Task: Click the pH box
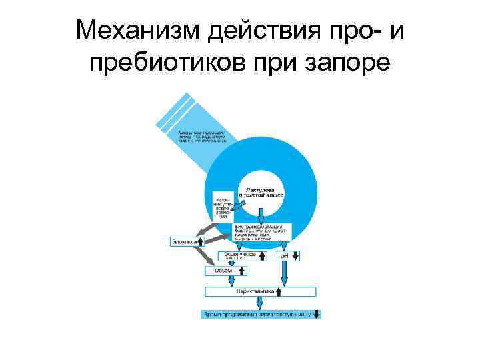[288, 255]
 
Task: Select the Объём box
[225, 271]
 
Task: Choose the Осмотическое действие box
[239, 255]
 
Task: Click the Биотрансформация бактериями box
[263, 231]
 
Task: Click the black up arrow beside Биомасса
[201, 241]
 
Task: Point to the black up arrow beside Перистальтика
[278, 291]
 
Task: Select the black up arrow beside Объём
[241, 271]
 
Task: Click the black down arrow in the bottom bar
[317, 313]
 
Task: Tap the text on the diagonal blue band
[202, 136]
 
